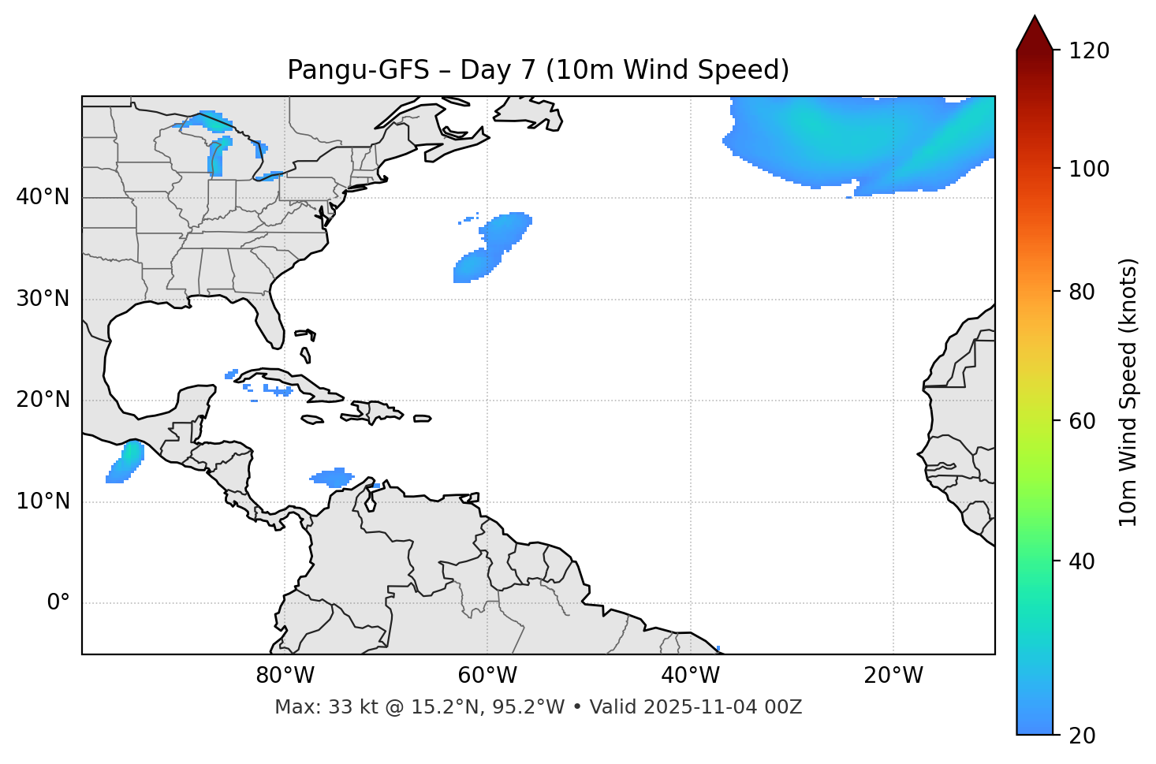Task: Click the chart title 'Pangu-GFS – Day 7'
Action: (538, 70)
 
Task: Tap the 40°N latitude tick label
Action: (43, 197)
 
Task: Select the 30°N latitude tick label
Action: (43, 299)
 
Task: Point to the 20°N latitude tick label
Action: (43, 400)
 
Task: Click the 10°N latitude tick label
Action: (43, 501)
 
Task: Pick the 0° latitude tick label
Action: (58, 603)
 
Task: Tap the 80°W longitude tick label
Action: (285, 676)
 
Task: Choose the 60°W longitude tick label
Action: (487, 676)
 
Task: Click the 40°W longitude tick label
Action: (690, 676)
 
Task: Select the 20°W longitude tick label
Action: (893, 676)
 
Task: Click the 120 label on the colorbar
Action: (1089, 51)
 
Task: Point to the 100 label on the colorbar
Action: (1089, 169)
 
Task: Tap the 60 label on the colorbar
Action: (1080, 421)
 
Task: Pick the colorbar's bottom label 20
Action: (1080, 736)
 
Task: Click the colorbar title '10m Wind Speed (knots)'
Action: (1128, 393)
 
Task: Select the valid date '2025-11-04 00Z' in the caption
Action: (723, 707)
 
